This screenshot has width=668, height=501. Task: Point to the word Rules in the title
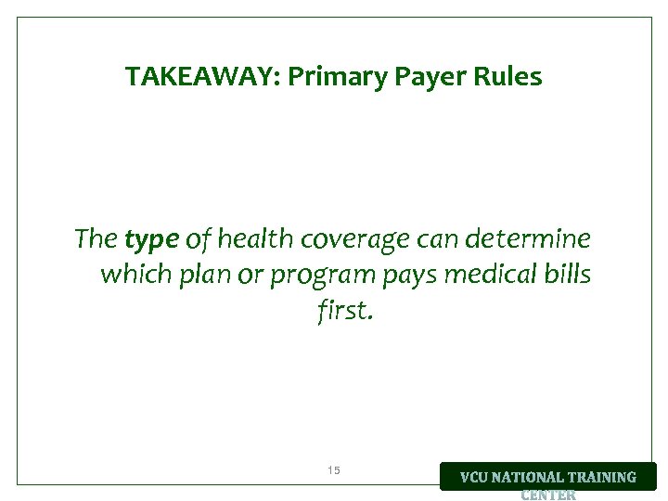point(508,77)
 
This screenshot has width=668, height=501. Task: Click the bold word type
point(151,241)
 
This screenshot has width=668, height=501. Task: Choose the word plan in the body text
point(204,276)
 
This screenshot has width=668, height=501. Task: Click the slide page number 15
point(334,470)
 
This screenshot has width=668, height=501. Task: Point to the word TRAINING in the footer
point(604,477)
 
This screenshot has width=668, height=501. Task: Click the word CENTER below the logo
point(548,495)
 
